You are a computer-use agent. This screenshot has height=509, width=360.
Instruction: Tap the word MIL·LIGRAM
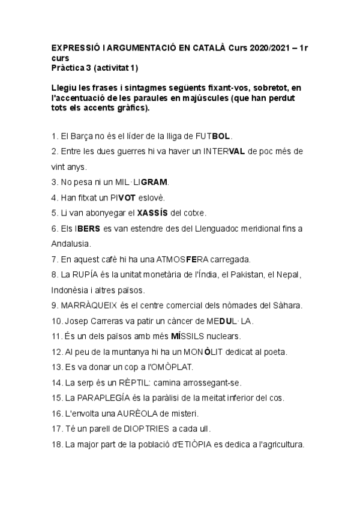(145, 182)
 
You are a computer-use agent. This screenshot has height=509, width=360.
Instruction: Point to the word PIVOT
(137, 197)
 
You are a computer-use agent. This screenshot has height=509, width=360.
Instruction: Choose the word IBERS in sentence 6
(88, 229)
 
